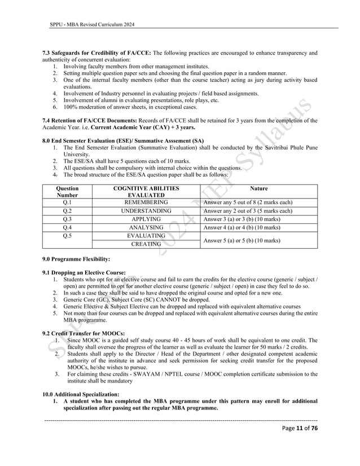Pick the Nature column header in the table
259,188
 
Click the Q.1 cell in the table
67,202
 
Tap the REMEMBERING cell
146,202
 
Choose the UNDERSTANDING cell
146,210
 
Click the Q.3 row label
67,219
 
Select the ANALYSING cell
146,227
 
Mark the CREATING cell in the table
146,244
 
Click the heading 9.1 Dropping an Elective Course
84,272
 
